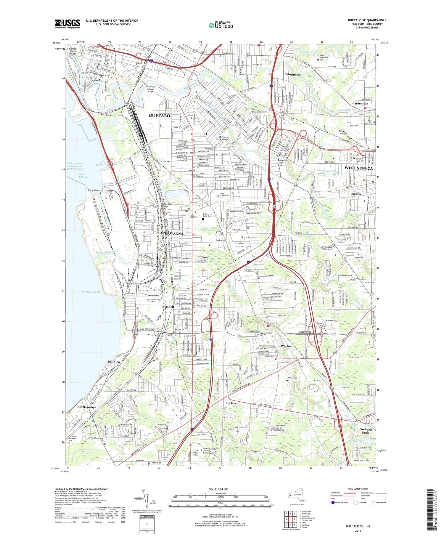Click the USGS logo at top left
[67, 24]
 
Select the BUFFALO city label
[160, 116]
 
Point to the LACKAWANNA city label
[171, 233]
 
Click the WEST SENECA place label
[358, 168]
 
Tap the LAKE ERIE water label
[91, 292]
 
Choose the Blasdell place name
[168, 307]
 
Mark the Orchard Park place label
[365, 431]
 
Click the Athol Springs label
[86, 407]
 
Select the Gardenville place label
[360, 104]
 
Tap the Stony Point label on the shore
[94, 190]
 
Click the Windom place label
[286, 346]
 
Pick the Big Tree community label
[231, 403]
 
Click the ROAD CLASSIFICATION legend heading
[358, 489]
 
